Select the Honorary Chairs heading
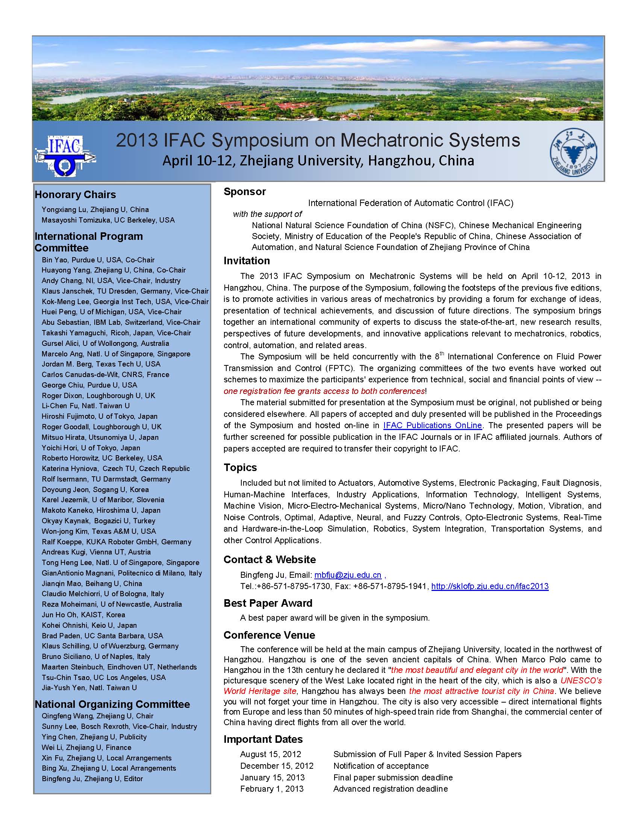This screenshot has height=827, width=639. point(75,195)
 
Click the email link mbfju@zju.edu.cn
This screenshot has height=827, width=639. point(348,575)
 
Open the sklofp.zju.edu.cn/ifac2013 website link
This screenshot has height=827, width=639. point(489,586)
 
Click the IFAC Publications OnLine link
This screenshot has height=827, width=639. point(432,425)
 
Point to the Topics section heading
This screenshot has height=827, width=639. point(240,467)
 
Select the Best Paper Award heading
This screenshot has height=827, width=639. point(268,603)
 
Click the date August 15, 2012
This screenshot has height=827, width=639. point(271,754)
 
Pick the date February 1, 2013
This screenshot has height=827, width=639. point(272,789)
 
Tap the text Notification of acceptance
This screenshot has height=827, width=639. point(381,766)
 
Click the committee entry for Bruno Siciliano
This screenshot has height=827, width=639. point(96,656)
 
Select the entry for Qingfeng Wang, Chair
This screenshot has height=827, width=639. point(97,716)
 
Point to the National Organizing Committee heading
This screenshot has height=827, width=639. point(112,704)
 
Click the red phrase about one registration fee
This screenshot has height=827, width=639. point(324,391)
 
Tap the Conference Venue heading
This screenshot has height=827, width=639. point(269,635)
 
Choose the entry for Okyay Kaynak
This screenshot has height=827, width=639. point(98,521)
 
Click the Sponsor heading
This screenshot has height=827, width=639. point(245,192)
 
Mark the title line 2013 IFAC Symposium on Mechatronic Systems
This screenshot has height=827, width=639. point(318,141)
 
